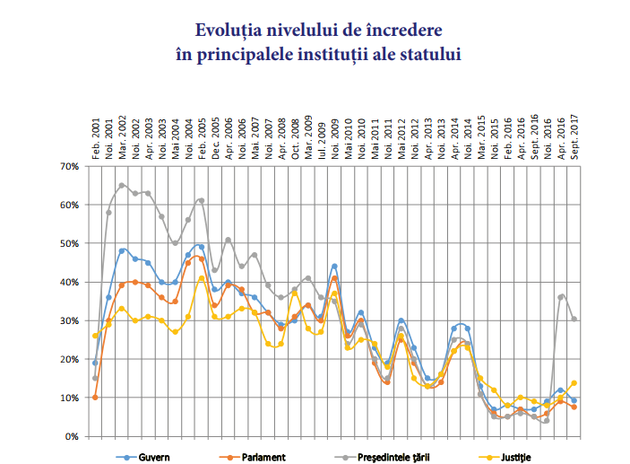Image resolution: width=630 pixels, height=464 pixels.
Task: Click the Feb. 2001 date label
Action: [x=95, y=136]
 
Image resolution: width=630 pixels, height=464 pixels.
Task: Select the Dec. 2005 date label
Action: [x=215, y=136]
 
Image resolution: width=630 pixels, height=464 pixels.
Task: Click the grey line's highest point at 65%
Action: [x=122, y=186]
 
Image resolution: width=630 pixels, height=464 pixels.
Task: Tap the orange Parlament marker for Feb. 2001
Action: [x=95, y=397]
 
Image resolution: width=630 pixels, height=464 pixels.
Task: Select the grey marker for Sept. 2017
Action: [x=573, y=319]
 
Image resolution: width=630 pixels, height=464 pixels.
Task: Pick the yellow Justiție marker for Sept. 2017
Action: [x=573, y=382]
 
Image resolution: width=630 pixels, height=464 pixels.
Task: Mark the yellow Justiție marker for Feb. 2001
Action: [x=95, y=336]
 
